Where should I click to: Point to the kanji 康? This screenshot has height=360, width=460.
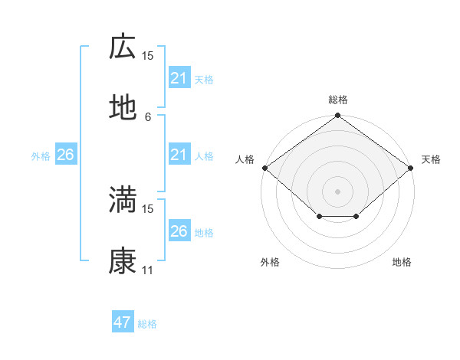pos(123,260)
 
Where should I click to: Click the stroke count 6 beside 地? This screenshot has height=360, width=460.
pos(148,116)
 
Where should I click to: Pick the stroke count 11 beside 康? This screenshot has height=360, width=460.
pos(148,270)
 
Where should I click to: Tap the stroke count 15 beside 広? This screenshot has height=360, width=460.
pos(148,55)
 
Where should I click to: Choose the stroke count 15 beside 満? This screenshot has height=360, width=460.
pos(148,208)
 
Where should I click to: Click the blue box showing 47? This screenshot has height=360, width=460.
pos(123,322)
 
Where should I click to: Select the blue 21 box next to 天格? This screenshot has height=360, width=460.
pos(179,78)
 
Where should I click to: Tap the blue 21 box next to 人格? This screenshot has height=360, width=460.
pos(179,155)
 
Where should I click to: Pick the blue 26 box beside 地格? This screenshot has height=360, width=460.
pos(179,231)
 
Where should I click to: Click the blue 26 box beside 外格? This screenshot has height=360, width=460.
pos(65,155)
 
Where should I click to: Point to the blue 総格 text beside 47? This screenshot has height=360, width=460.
pos(147,324)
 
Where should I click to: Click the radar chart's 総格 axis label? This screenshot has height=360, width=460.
pos(338,100)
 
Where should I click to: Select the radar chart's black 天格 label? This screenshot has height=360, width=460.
pos(431,159)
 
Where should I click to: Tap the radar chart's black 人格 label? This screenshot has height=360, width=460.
pos(245,159)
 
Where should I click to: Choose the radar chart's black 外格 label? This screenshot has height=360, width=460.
pos(270,262)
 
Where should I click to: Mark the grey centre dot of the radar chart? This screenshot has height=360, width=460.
pos(338,191)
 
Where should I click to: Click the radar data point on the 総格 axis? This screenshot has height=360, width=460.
pos(338,116)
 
